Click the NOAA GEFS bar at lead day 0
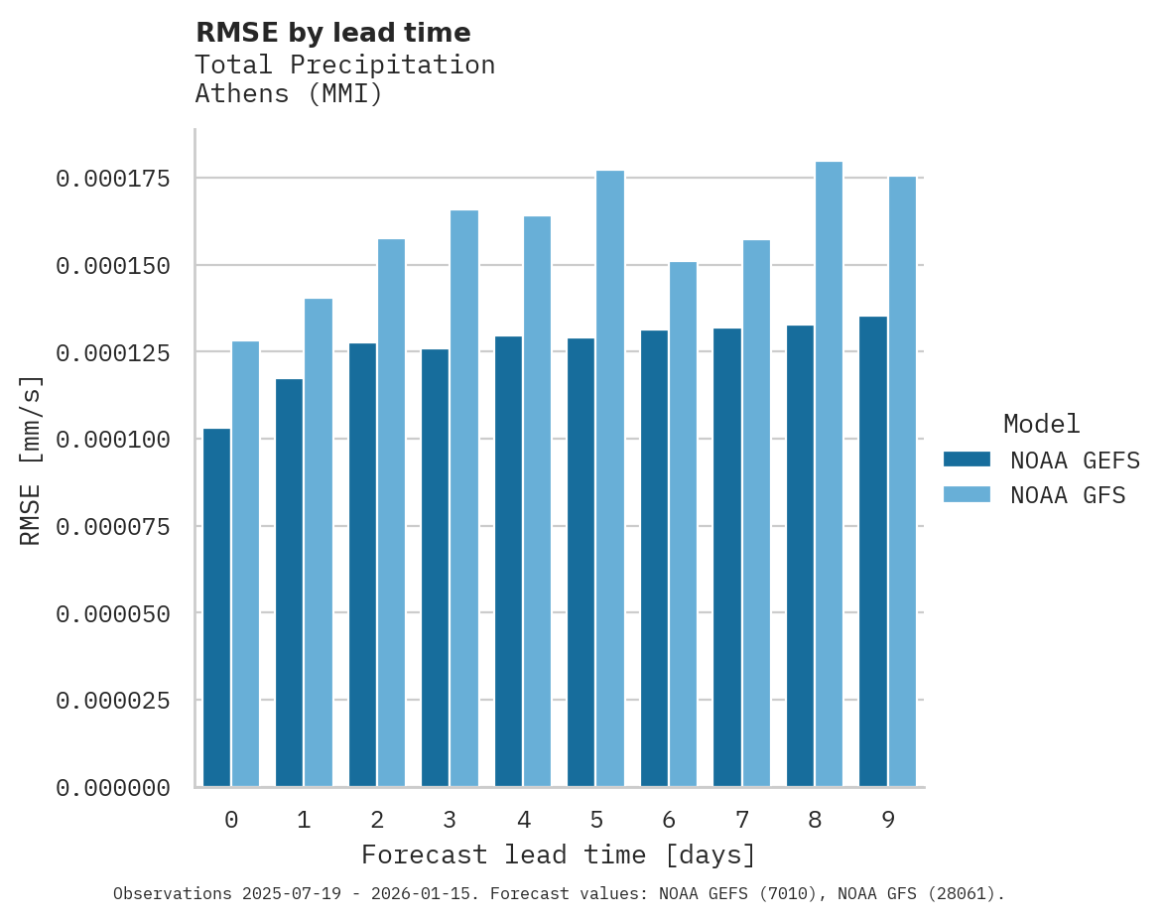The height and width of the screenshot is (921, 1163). (216, 607)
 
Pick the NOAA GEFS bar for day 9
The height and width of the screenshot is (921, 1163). (873, 552)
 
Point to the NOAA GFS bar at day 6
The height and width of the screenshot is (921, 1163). (683, 524)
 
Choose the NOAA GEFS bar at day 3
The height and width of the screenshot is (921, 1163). (436, 568)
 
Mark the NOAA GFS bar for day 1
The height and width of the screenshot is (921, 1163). (319, 542)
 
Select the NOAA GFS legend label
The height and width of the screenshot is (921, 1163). (1068, 495)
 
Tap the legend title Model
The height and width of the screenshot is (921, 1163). (1041, 425)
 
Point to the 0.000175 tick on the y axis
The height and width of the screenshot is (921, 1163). (112, 179)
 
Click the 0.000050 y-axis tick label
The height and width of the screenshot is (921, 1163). (112, 613)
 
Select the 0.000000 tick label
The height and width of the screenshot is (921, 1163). (112, 788)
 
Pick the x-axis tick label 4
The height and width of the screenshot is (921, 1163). (523, 820)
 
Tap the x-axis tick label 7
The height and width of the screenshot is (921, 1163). (742, 820)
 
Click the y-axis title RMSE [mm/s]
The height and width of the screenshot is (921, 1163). (31, 460)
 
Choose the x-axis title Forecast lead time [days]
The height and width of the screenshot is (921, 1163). (559, 855)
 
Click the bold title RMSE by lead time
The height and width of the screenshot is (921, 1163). (332, 33)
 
